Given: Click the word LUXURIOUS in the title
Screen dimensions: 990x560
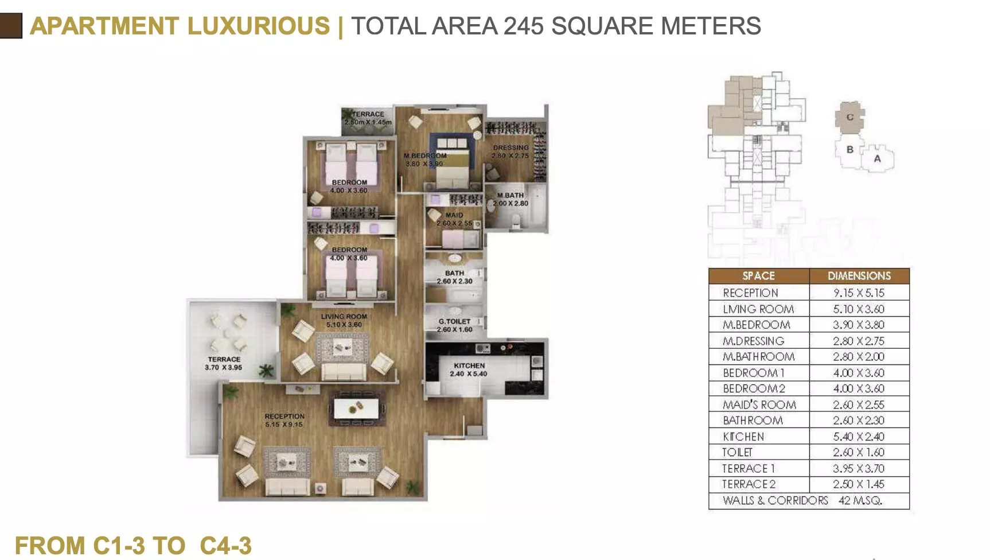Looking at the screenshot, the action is click(259, 26).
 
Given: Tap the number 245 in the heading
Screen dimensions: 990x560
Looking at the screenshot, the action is click(523, 26).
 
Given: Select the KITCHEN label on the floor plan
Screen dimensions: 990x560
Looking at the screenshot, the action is click(469, 365).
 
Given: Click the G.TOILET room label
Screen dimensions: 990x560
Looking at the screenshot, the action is click(454, 321).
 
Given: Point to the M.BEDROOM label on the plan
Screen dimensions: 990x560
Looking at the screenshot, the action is click(424, 155).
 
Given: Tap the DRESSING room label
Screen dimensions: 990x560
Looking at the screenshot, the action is click(510, 147).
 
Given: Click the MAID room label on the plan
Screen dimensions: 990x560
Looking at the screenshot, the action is click(454, 215).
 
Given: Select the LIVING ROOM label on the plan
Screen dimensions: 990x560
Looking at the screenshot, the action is click(344, 316).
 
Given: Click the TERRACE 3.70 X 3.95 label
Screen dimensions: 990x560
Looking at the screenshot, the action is click(224, 363).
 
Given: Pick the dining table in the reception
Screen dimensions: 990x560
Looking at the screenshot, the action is click(356, 409).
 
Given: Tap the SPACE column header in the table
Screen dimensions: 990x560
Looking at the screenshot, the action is click(758, 276).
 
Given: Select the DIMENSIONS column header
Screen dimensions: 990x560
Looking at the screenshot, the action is click(859, 276).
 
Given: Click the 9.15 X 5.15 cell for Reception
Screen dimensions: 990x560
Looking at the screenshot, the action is click(859, 293).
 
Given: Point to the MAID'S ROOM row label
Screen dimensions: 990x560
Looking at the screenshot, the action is click(759, 405).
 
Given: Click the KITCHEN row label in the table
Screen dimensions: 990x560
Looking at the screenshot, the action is click(743, 437).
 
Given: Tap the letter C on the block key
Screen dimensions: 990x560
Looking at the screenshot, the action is click(850, 117).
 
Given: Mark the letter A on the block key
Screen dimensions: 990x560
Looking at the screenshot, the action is click(877, 158).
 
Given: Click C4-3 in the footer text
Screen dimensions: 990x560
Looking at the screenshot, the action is click(225, 546).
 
